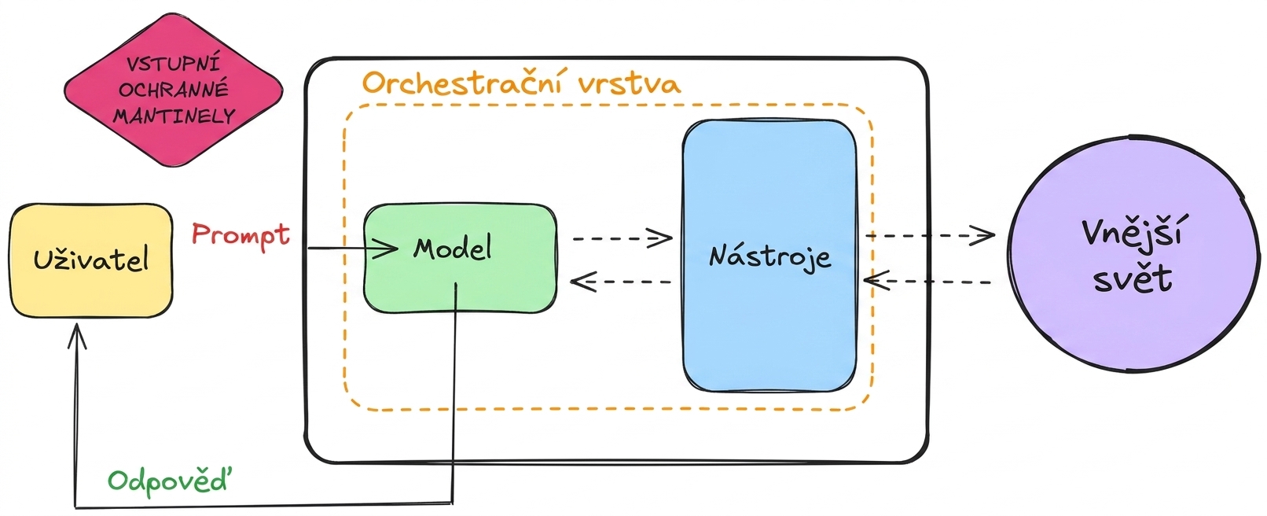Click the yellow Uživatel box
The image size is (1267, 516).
91,260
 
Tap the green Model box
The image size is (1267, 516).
460,258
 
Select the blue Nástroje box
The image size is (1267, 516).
769,256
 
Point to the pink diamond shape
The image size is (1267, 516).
173,90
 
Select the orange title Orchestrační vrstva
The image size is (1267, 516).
522,83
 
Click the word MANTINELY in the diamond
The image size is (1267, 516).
174,116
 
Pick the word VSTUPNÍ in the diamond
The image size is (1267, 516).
173,64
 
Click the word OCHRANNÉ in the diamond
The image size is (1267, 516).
174,90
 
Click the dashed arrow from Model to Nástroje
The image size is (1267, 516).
622,238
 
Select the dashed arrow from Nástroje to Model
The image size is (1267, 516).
620,281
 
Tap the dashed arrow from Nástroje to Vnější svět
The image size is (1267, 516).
930,235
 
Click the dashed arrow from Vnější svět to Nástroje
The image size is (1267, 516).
927,281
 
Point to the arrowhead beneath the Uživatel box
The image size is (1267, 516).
77,336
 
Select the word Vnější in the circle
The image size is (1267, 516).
1133,233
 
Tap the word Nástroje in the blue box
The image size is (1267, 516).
769,257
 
